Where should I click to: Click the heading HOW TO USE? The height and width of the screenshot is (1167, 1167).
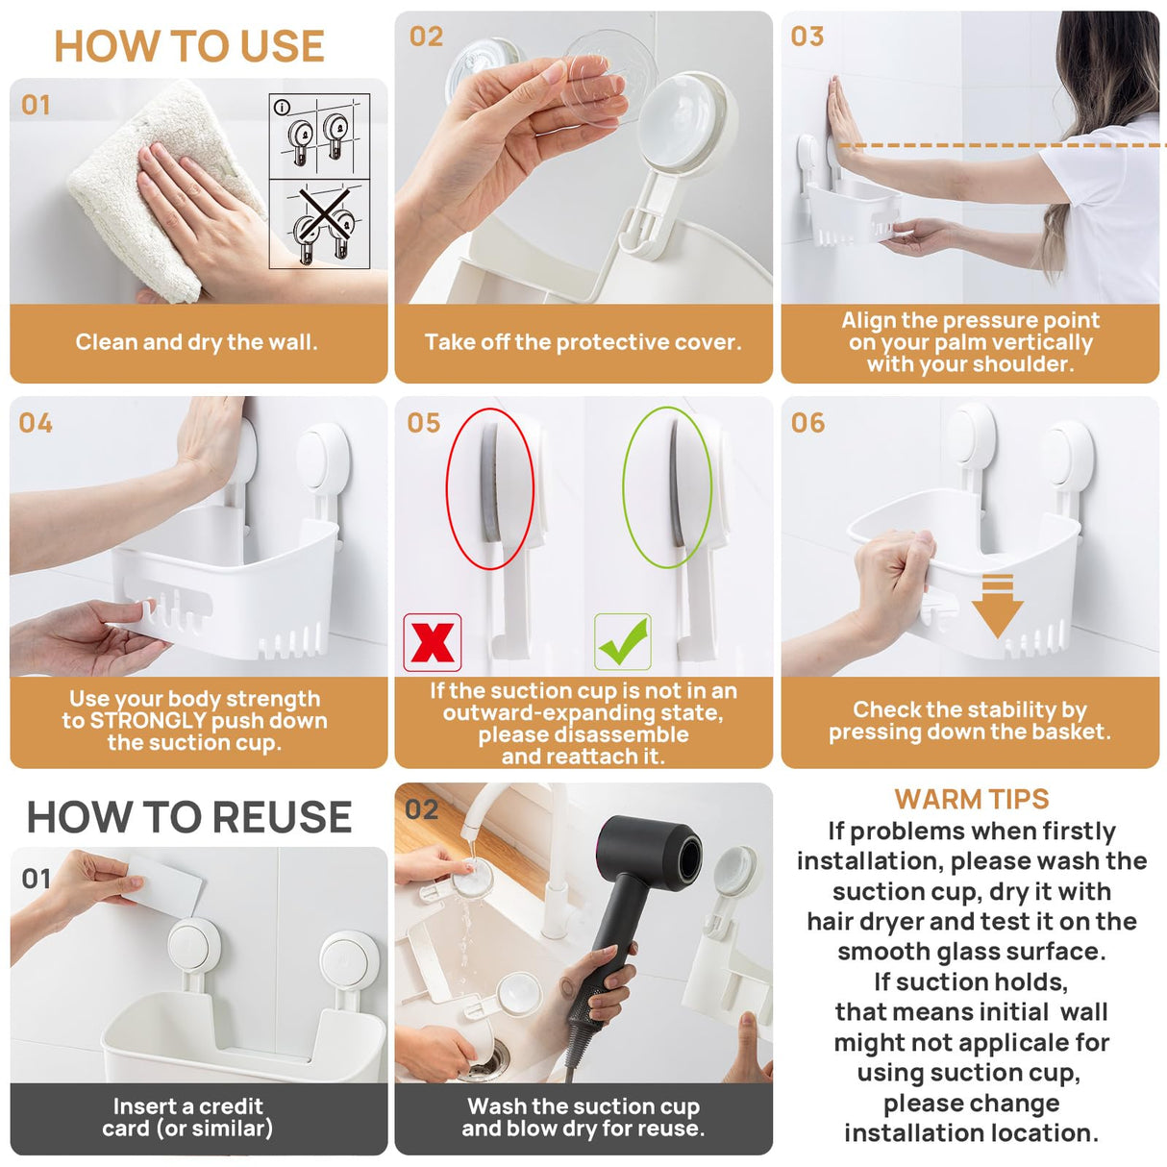pos(189,46)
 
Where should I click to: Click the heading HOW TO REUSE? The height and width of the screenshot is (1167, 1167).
pos(189,817)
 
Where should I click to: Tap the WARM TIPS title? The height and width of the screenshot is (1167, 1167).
pos(971,799)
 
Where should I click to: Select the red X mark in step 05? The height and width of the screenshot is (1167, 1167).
pos(433,642)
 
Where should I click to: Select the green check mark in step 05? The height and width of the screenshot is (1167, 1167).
pos(623,642)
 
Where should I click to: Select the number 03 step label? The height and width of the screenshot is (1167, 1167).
pos(807,37)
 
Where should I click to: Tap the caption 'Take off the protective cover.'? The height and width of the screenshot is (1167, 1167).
pos(583,342)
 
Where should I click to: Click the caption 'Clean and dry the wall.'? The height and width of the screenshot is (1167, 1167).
pos(196,342)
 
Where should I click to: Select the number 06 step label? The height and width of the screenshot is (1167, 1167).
pos(807,423)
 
